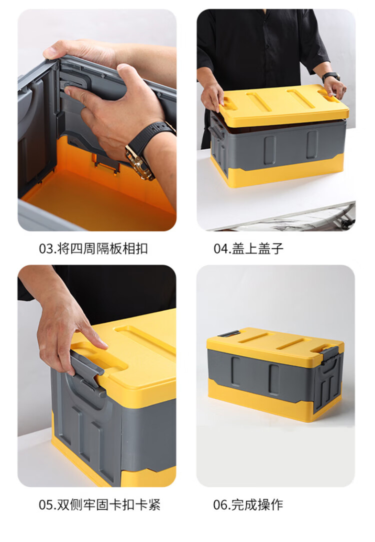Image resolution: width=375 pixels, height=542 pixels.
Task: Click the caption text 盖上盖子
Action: click(257, 249)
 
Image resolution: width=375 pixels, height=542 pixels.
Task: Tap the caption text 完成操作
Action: click(257, 505)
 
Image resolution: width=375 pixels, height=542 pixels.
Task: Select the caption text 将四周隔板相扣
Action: click(102, 249)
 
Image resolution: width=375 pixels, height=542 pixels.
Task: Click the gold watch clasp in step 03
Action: click(139, 163)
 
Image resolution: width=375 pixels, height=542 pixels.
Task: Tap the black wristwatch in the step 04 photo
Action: click(331, 76)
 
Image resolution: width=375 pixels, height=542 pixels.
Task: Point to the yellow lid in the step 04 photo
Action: click(283, 103)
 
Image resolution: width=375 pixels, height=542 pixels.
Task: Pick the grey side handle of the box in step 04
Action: click(215, 132)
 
